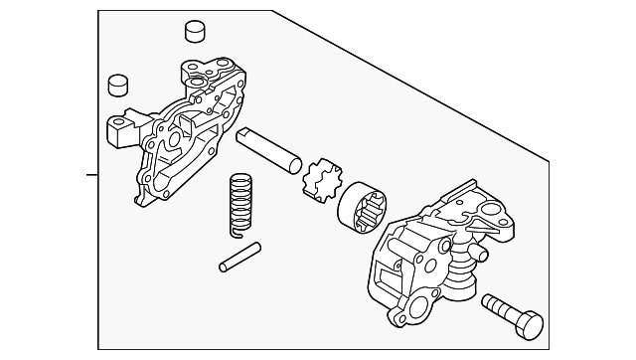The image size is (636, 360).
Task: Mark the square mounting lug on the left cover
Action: click(120, 128)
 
